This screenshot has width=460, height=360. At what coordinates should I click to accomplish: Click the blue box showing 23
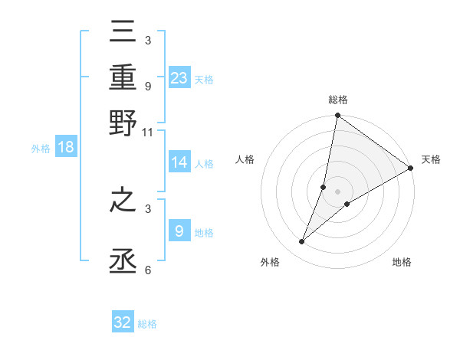pos(179,78)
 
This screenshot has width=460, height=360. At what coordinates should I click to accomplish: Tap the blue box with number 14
pos(179,162)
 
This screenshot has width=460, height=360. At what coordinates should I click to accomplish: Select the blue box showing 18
pos(66,148)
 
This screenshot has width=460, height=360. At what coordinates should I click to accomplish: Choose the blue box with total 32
pos(123,322)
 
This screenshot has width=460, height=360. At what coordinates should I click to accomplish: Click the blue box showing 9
pos(179,231)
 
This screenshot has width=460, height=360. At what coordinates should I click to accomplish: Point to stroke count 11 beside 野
pos(148,133)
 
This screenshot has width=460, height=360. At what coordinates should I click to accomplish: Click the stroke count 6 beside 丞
pos(147,270)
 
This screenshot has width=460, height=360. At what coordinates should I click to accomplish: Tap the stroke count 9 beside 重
pos(147,87)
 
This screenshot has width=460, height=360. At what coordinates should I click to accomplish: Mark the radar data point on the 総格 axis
pos(337,116)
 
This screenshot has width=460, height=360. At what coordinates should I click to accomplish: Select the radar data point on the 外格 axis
pos(302,242)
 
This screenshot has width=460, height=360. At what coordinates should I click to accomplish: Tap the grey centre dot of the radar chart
pos(337,191)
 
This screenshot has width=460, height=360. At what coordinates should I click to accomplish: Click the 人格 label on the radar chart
pos(245,159)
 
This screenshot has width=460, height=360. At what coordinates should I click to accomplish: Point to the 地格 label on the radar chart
pos(402,263)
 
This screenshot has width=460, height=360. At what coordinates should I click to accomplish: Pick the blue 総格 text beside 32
pos(147,324)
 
